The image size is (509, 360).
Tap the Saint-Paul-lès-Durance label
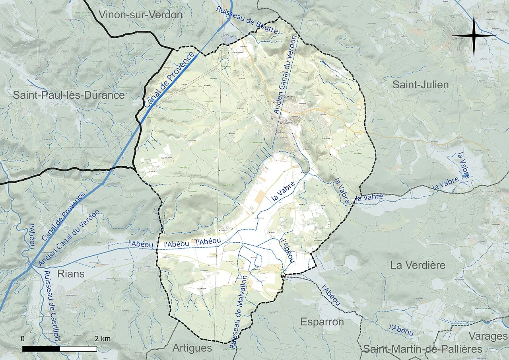[x=69, y=95]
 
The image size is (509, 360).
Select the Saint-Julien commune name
[x=420, y=85]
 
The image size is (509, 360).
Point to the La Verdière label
[x=418, y=265]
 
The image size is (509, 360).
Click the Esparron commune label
[x=322, y=322]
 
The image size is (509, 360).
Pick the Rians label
[x=71, y=274]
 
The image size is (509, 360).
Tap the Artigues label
[x=192, y=348]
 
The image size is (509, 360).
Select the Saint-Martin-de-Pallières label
[x=422, y=349]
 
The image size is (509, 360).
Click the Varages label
[x=488, y=336]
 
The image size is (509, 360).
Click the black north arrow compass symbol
[x=474, y=35]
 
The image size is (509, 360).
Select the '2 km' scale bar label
[x=103, y=339]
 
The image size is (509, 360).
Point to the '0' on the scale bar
[x=22, y=339]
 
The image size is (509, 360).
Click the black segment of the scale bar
[x=41, y=349]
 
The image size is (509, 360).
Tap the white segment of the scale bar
[x=78, y=349]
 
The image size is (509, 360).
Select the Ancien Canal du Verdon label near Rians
[x=70, y=238]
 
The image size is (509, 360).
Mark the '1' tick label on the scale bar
[x=59, y=339]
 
